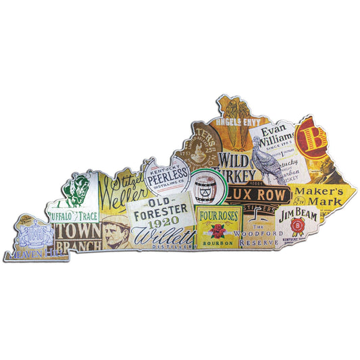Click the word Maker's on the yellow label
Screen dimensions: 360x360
coord(317,191)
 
